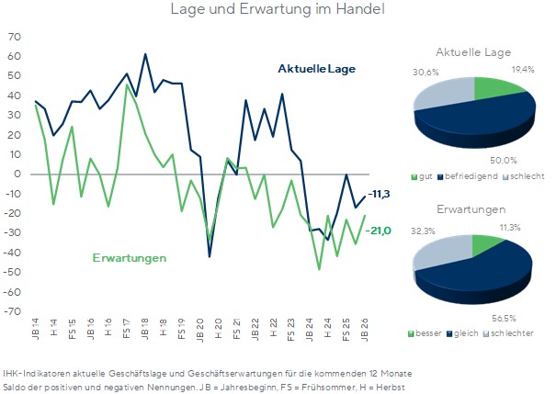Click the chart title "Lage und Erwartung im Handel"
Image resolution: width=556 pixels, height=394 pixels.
point(278,9)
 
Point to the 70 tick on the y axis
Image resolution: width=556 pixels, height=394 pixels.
point(14,37)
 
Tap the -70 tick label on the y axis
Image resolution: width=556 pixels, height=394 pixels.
point(12,311)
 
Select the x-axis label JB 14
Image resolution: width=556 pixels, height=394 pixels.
point(36,329)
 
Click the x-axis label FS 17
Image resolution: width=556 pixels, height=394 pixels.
point(127,329)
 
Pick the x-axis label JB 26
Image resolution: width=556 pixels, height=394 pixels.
point(364,330)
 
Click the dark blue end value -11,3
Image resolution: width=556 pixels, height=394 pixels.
point(379,194)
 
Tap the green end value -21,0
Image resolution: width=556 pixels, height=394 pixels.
point(379,231)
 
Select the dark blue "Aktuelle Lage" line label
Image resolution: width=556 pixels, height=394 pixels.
point(317,68)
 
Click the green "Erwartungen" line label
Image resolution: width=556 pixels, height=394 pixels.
point(130,258)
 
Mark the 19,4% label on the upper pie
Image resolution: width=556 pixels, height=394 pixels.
point(523,70)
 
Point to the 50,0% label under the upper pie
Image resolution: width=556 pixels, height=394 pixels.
point(504,161)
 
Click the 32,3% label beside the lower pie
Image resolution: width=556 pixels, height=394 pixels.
point(423,231)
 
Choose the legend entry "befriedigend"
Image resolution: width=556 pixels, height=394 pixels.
point(468,176)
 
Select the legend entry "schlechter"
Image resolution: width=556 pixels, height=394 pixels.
point(508,333)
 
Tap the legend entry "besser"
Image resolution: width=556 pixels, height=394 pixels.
point(426,333)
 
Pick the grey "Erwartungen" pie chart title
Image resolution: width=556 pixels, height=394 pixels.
point(471,209)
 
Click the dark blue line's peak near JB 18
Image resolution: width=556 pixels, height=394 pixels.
point(145,54)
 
